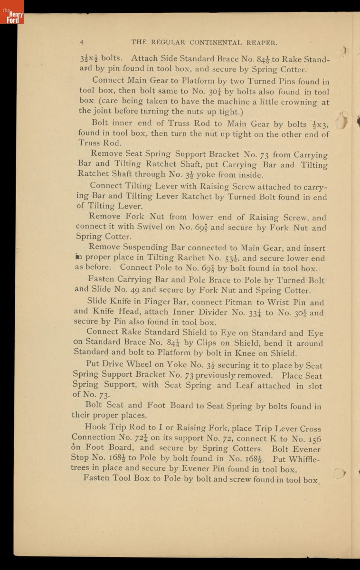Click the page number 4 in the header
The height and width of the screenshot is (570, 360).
click(x=82, y=42)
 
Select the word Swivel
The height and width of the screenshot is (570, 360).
click(x=147, y=227)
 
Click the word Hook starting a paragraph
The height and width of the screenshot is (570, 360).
click(x=95, y=427)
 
